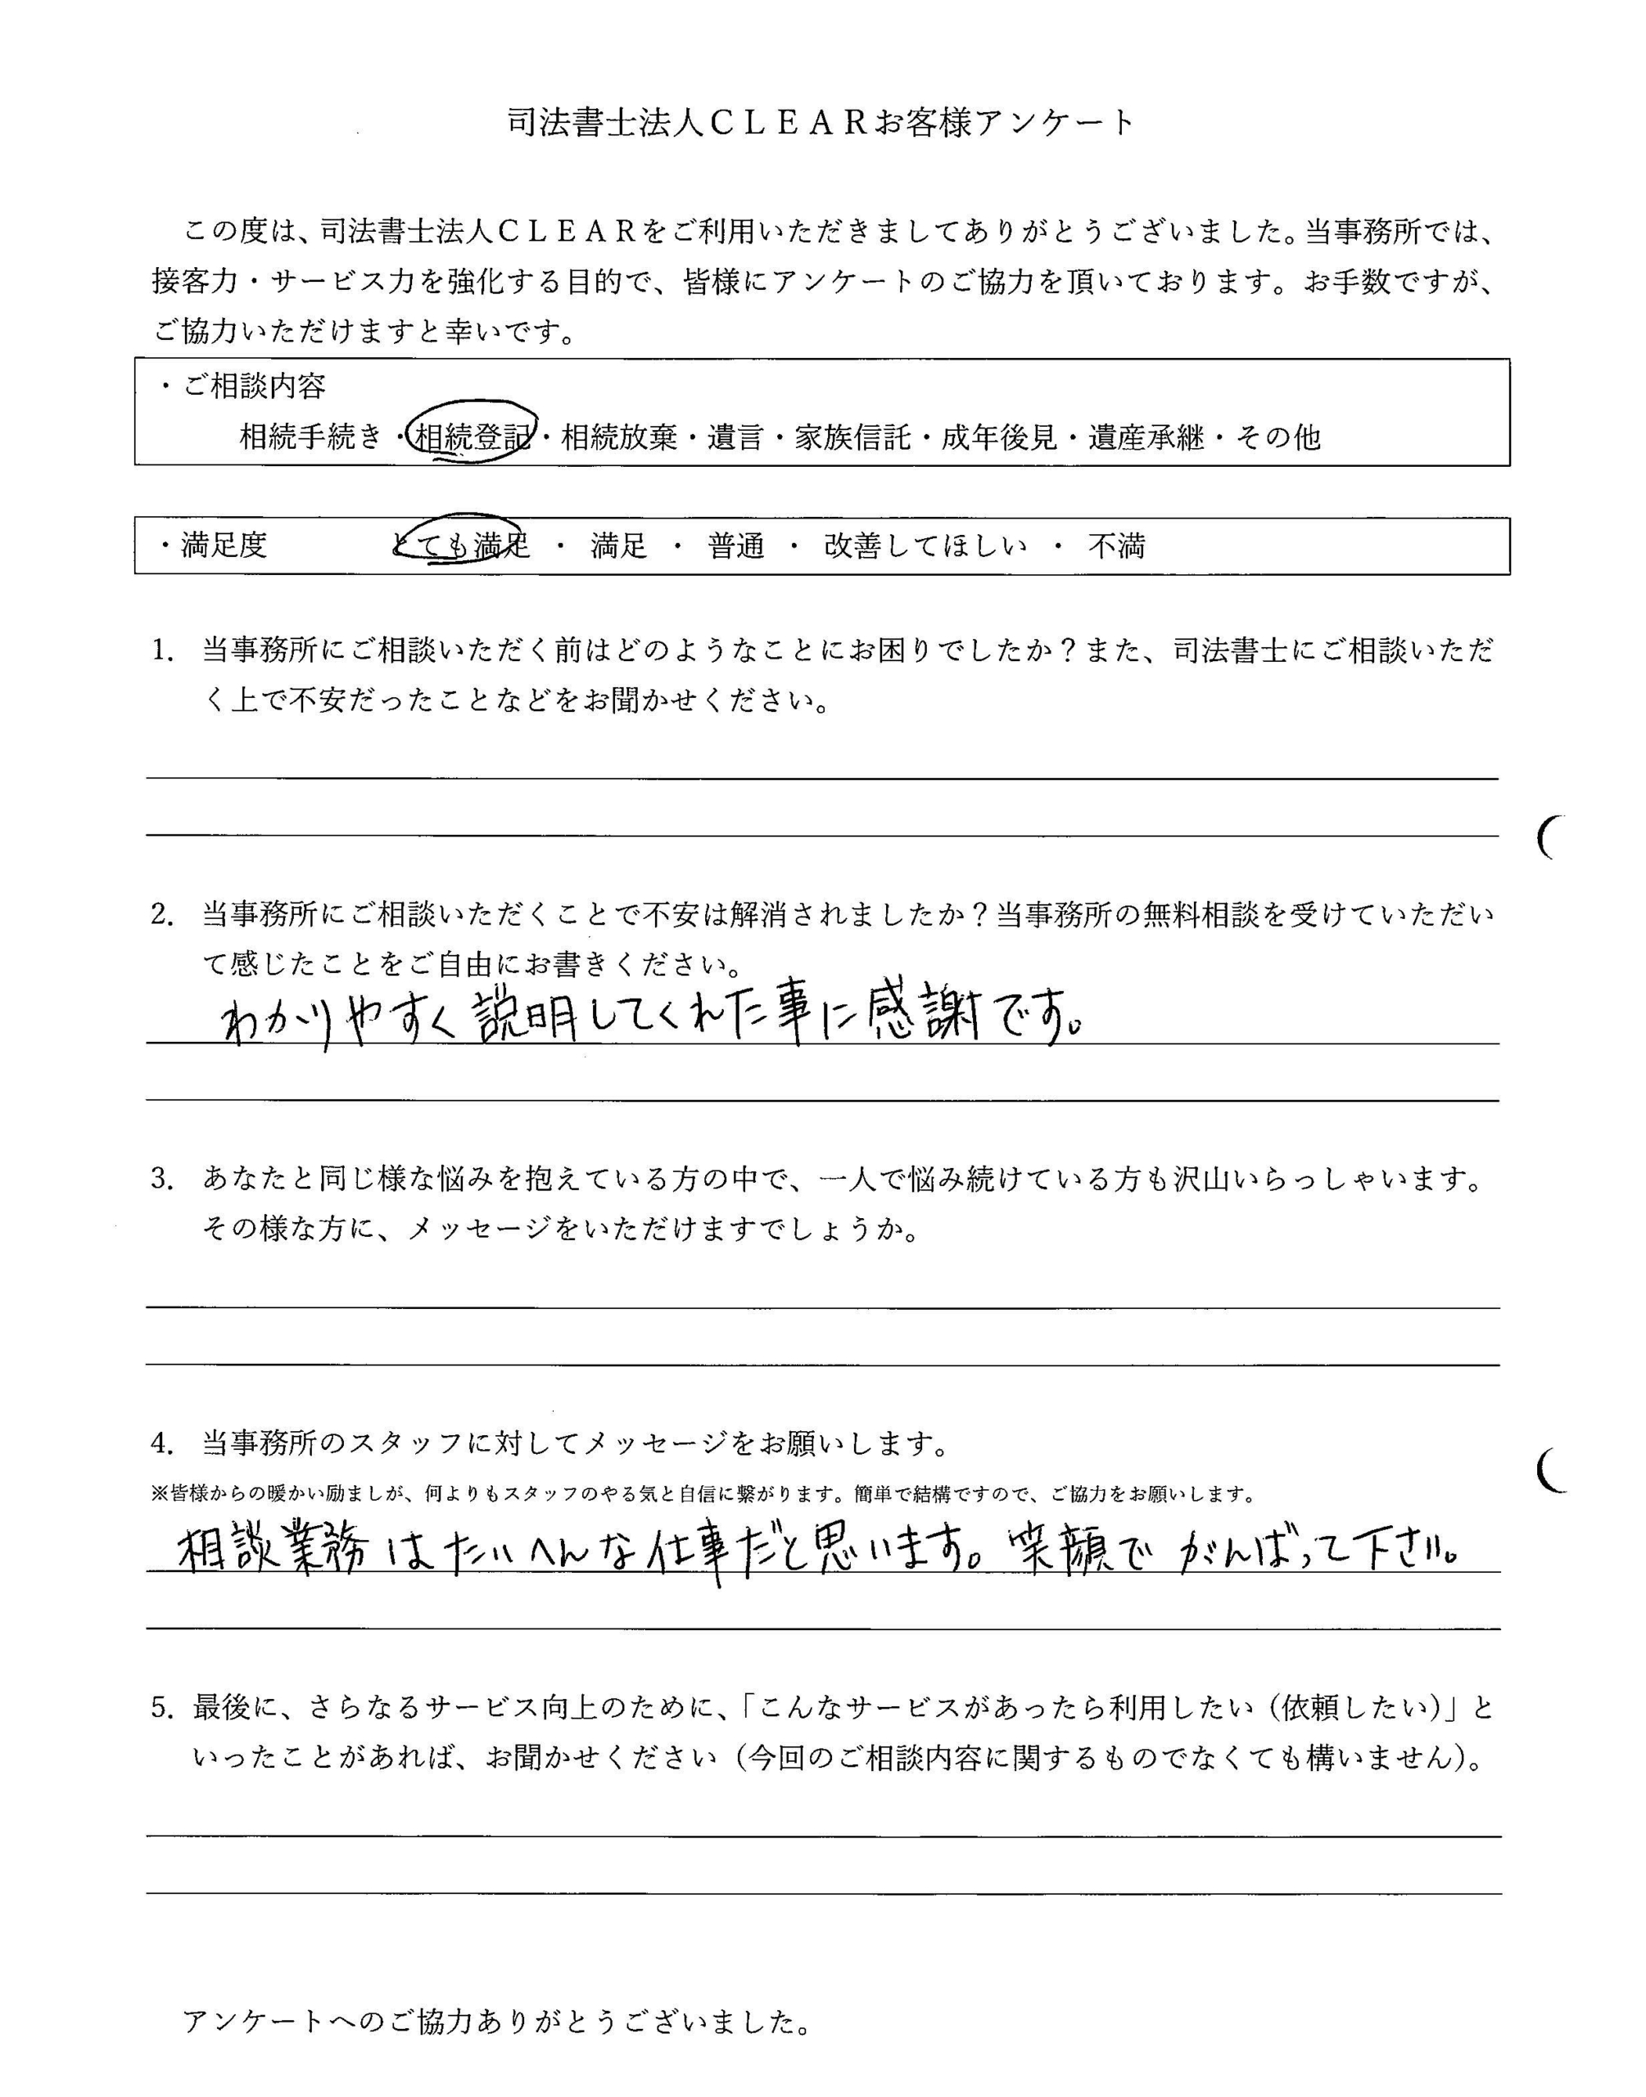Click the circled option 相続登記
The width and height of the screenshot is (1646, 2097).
tap(471, 438)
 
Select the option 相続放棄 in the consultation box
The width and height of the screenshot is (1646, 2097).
tap(619, 438)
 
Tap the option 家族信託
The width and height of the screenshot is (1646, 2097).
tap(852, 438)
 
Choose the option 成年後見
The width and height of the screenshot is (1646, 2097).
tap(999, 438)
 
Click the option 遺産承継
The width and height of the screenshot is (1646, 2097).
tap(1146, 438)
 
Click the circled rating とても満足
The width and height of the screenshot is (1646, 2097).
tap(462, 546)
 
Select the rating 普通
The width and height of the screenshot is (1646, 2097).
tap(736, 546)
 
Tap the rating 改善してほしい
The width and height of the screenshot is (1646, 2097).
tap(925, 546)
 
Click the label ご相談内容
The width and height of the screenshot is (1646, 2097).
tap(255, 387)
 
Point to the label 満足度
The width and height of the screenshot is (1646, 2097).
tap(224, 546)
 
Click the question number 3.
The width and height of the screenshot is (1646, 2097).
tap(161, 1179)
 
